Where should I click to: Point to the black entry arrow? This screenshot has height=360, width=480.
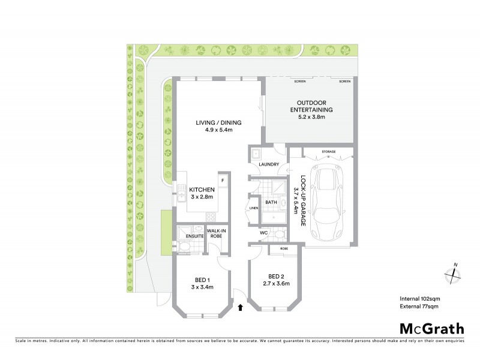tap(241, 308)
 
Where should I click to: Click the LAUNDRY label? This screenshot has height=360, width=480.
tap(268, 163)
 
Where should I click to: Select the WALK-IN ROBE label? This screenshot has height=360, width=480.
tap(216, 233)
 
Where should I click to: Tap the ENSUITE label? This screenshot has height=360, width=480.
tap(194, 236)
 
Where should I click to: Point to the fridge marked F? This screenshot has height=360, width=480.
tap(222, 180)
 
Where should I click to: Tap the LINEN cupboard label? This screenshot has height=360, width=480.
tap(254, 208)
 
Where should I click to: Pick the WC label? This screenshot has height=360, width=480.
tap(263, 233)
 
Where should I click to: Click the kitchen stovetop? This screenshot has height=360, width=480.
tap(211, 216)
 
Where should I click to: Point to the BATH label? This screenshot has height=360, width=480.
tap(271, 203)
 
